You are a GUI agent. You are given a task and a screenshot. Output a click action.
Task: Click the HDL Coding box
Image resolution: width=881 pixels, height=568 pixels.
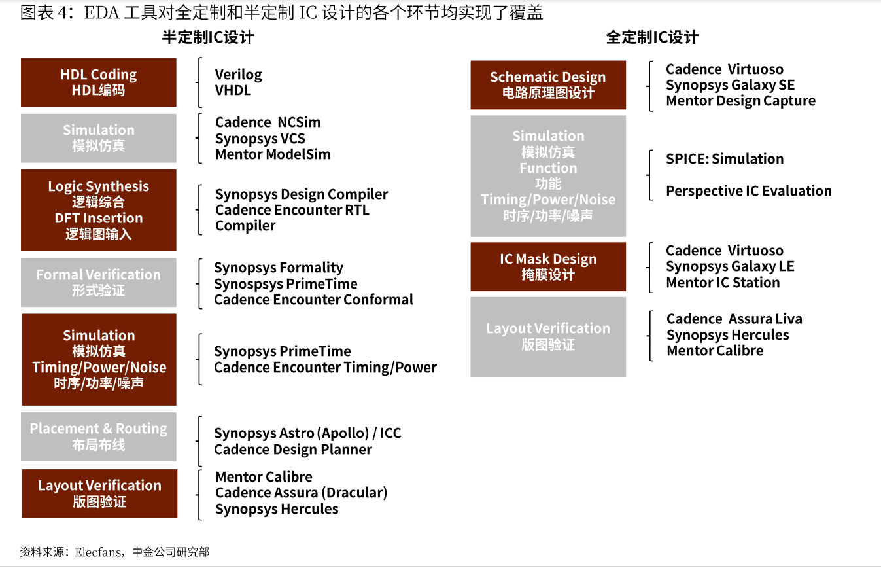[98, 82]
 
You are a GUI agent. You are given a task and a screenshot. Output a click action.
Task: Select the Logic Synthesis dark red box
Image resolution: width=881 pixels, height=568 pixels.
[98, 210]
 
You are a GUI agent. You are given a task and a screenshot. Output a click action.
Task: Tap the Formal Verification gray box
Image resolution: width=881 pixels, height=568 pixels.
[98, 282]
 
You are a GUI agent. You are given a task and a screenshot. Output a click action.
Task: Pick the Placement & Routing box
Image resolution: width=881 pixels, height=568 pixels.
[98, 436]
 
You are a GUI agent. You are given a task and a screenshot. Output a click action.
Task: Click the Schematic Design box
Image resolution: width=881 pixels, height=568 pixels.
[548, 85]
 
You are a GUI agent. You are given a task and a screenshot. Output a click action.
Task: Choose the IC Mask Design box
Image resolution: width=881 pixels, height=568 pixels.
[548, 267]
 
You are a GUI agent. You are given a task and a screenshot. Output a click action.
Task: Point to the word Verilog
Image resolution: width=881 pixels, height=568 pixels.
[238, 75]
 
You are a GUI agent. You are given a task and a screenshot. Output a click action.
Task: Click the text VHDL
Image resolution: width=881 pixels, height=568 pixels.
[233, 90]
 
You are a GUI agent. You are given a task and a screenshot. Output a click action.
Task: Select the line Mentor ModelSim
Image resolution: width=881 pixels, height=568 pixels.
[273, 154]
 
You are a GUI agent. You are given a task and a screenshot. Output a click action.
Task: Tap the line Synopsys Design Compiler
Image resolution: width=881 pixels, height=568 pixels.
[302, 194]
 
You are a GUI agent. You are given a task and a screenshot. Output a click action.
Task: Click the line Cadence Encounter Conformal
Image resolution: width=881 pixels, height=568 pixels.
[313, 300]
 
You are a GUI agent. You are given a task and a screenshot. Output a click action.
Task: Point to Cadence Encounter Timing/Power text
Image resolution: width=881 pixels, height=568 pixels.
[325, 368]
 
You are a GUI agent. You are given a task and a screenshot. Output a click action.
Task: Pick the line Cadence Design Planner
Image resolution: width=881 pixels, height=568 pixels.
[293, 450]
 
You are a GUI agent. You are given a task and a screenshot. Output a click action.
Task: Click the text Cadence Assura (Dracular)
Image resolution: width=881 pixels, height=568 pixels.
[302, 493]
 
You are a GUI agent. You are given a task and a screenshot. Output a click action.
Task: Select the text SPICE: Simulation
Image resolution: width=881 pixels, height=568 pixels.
[725, 159]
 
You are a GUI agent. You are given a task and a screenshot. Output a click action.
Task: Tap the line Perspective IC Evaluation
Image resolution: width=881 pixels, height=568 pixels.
[749, 191]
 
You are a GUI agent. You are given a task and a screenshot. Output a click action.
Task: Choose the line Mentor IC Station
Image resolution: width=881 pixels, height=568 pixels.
[723, 283]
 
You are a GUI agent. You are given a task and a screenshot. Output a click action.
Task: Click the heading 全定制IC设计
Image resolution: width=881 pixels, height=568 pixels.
[652, 38]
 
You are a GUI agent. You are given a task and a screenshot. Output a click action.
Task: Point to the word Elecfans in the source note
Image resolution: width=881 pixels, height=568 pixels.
[98, 552]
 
